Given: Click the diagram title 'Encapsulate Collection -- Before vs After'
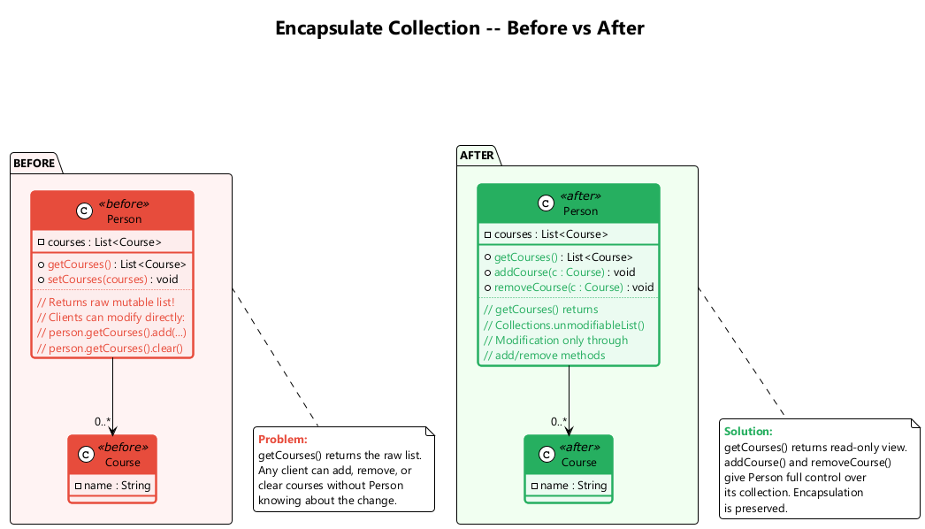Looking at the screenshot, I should coord(460,28).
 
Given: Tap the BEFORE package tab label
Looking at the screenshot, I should coord(34,164).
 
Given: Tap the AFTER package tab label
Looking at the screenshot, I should coord(477,156).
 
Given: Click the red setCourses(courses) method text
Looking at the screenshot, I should coord(97,280).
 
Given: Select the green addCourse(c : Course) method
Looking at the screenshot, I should coord(549,272).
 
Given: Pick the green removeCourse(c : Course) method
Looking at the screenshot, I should coord(558,287).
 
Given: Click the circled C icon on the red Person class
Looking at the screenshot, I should coord(83,210).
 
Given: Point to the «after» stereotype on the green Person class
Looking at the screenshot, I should coord(580,195).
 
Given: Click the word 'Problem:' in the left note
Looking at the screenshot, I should coord(283,440).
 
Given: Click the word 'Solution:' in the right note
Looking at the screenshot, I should coord(748,432).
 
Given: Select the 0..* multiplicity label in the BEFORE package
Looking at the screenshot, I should coord(103,422).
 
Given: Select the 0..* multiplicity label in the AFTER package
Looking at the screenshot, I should coord(558,422).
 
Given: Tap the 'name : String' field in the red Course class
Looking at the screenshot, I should coord(117,486).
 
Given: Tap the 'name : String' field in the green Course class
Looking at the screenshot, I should coord(573,486).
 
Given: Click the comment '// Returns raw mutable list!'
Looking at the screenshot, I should coord(106,303).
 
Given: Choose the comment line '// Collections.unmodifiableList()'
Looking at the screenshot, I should coord(564,325).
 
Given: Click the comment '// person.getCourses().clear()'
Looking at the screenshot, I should coord(111,349).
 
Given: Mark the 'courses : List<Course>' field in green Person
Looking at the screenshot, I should coord(551,234).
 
